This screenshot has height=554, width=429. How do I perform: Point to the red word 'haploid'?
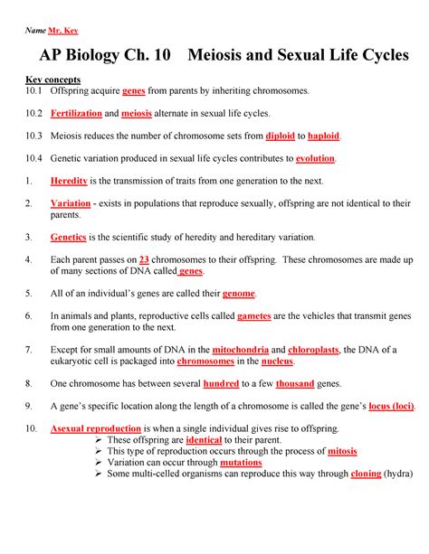pyautogui.click(x=324, y=136)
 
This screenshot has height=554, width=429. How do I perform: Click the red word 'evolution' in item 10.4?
pyautogui.click(x=310, y=158)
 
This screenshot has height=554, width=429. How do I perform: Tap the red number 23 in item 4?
pyautogui.click(x=144, y=259)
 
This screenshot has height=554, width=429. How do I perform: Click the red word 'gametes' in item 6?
pyautogui.click(x=260, y=316)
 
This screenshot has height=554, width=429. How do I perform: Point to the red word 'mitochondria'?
pyautogui.click(x=240, y=350)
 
